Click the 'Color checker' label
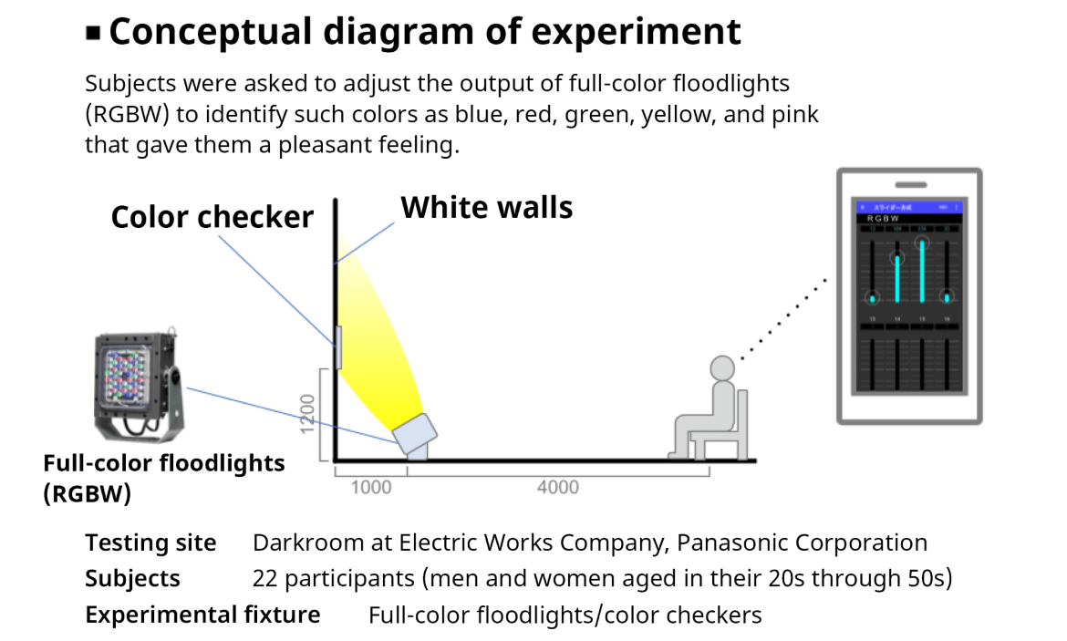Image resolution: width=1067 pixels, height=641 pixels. tap(212, 217)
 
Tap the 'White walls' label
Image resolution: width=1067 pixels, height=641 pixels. tap(487, 208)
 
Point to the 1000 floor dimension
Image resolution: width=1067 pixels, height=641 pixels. tap(370, 487)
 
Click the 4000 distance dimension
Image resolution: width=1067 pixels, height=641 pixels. tap(557, 487)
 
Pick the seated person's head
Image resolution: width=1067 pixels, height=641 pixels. tap(721, 368)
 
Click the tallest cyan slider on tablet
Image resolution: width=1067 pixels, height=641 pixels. tap(923, 271)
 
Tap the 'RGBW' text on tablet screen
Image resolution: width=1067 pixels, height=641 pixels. tap(882, 220)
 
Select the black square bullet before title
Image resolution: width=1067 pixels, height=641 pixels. tap(93, 34)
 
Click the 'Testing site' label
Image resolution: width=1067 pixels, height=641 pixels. tap(150, 543)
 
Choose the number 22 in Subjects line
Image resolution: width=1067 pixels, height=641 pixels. tap(264, 579)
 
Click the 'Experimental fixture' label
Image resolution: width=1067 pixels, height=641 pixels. tap(202, 615)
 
